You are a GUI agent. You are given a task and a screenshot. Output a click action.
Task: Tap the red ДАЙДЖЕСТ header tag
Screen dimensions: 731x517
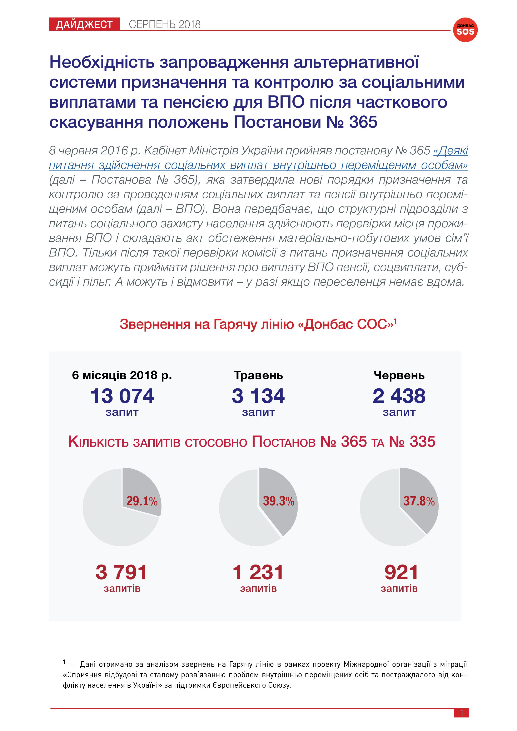(x=84, y=24)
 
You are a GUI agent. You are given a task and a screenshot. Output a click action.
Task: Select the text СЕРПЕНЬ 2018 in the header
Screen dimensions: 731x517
(x=165, y=24)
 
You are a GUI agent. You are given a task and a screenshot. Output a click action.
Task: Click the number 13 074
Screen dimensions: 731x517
(x=122, y=396)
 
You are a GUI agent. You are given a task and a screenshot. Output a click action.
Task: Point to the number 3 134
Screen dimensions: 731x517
(x=258, y=396)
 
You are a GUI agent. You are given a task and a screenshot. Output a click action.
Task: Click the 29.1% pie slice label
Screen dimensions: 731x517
(x=142, y=501)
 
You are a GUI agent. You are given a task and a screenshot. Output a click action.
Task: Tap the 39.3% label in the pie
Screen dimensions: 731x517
(x=279, y=501)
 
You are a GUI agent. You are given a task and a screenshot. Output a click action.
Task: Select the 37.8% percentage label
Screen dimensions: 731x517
(x=419, y=501)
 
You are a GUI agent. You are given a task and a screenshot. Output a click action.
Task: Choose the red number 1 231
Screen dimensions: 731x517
(x=258, y=572)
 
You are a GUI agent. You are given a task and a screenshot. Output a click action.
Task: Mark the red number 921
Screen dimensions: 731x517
(x=401, y=572)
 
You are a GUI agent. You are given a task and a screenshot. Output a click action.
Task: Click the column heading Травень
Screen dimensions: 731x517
(x=258, y=375)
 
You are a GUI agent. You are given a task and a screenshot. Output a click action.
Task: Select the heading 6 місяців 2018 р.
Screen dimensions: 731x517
(x=122, y=375)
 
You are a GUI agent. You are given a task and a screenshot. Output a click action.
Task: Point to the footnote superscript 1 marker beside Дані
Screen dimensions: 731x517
(x=64, y=662)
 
